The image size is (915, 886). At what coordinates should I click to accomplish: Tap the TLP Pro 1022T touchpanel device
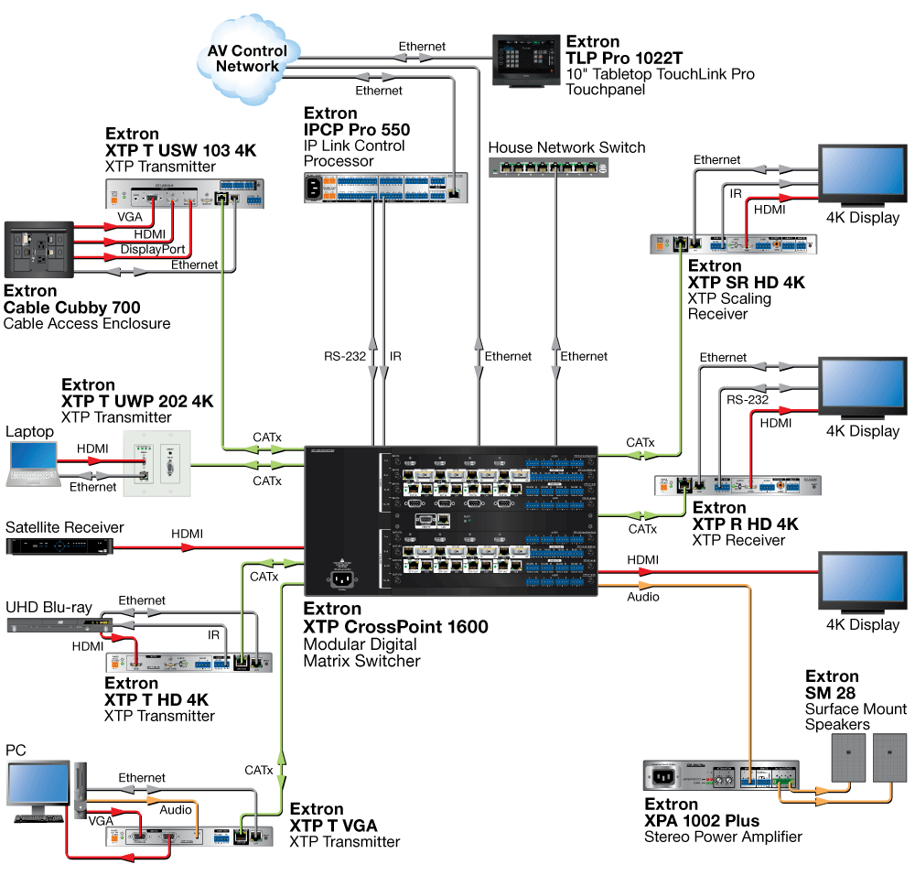(527, 59)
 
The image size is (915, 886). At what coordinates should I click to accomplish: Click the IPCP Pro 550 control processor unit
(388, 188)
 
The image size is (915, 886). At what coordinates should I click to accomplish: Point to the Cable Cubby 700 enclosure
(39, 249)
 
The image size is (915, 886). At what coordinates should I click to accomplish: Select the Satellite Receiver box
(59, 546)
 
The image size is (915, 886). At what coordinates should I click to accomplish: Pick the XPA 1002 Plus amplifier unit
(722, 777)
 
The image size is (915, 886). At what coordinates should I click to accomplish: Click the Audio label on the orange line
(642, 597)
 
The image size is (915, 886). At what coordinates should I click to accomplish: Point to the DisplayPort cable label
(153, 249)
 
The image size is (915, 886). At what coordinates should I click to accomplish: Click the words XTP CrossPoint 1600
(395, 627)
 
